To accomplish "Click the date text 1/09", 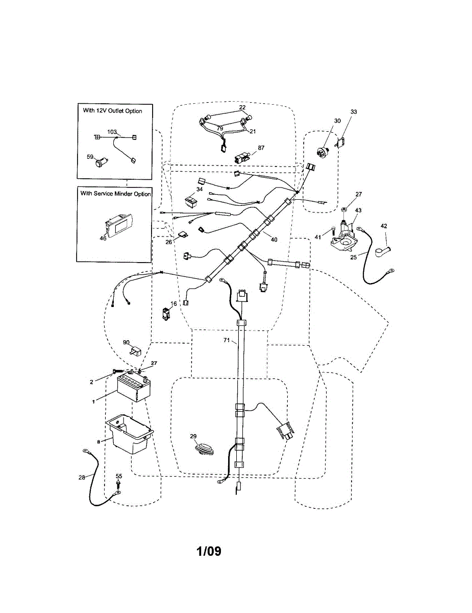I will pyautogui.click(x=209, y=552).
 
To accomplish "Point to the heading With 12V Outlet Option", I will pyautogui.click(x=112, y=110).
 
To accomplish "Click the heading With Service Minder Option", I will pyautogui.click(x=115, y=194).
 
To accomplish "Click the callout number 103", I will pyautogui.click(x=112, y=132).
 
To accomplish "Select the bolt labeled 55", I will pyautogui.click(x=118, y=483).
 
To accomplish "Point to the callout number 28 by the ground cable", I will pyautogui.click(x=82, y=478).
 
